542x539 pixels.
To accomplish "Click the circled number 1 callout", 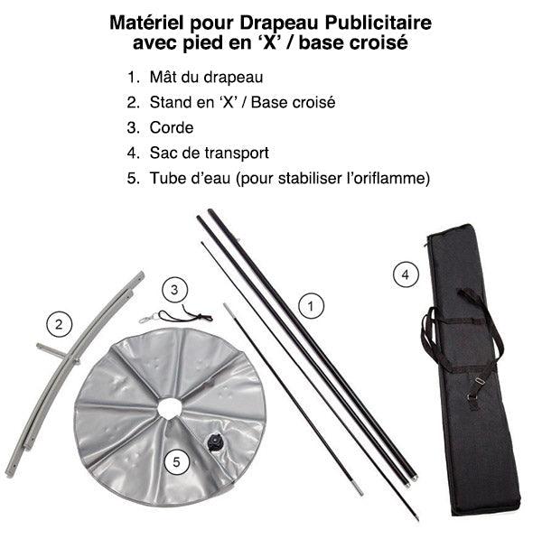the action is coord(311,306).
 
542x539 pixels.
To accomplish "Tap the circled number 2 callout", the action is coord(59,324).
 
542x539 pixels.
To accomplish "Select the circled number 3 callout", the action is coord(174,290).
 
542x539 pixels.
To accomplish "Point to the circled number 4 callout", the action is coord(406,274).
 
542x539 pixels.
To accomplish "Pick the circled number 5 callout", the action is coord(177,462).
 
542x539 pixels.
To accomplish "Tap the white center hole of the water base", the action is coord(170,408).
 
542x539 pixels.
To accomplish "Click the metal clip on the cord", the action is coord(149,318).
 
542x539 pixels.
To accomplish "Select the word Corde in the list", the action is coord(172,128).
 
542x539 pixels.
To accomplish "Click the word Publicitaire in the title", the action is coord(378,23).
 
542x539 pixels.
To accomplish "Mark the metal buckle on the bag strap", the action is coord(480,381).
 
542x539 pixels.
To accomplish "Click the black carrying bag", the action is coord(472,369).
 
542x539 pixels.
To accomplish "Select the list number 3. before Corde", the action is coord(134,128).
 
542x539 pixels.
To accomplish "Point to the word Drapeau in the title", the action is coord(279,23).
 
